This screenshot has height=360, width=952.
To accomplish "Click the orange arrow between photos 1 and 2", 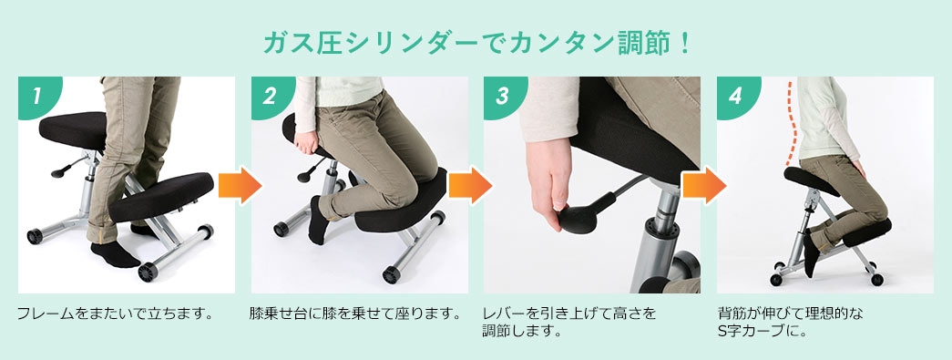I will point(240,187).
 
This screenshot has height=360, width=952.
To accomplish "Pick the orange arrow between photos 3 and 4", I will point(703,187).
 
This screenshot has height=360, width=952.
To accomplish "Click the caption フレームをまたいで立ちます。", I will point(115,314).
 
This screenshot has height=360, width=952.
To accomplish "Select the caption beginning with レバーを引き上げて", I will point(569,322).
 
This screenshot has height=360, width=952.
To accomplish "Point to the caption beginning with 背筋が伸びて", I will point(790,322).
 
